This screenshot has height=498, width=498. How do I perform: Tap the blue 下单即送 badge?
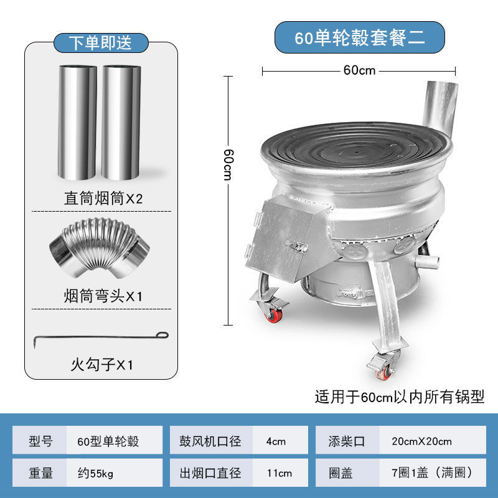click(x=100, y=42)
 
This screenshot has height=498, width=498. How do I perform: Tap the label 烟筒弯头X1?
click(x=103, y=295)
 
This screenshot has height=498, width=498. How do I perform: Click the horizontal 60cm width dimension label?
click(x=360, y=70)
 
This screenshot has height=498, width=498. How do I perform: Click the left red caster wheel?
click(x=275, y=315)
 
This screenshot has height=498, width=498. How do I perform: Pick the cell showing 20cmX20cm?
click(x=422, y=441)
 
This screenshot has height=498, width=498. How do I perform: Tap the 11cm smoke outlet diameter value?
click(x=276, y=474)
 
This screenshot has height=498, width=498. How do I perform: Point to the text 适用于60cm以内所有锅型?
click(x=399, y=397)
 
